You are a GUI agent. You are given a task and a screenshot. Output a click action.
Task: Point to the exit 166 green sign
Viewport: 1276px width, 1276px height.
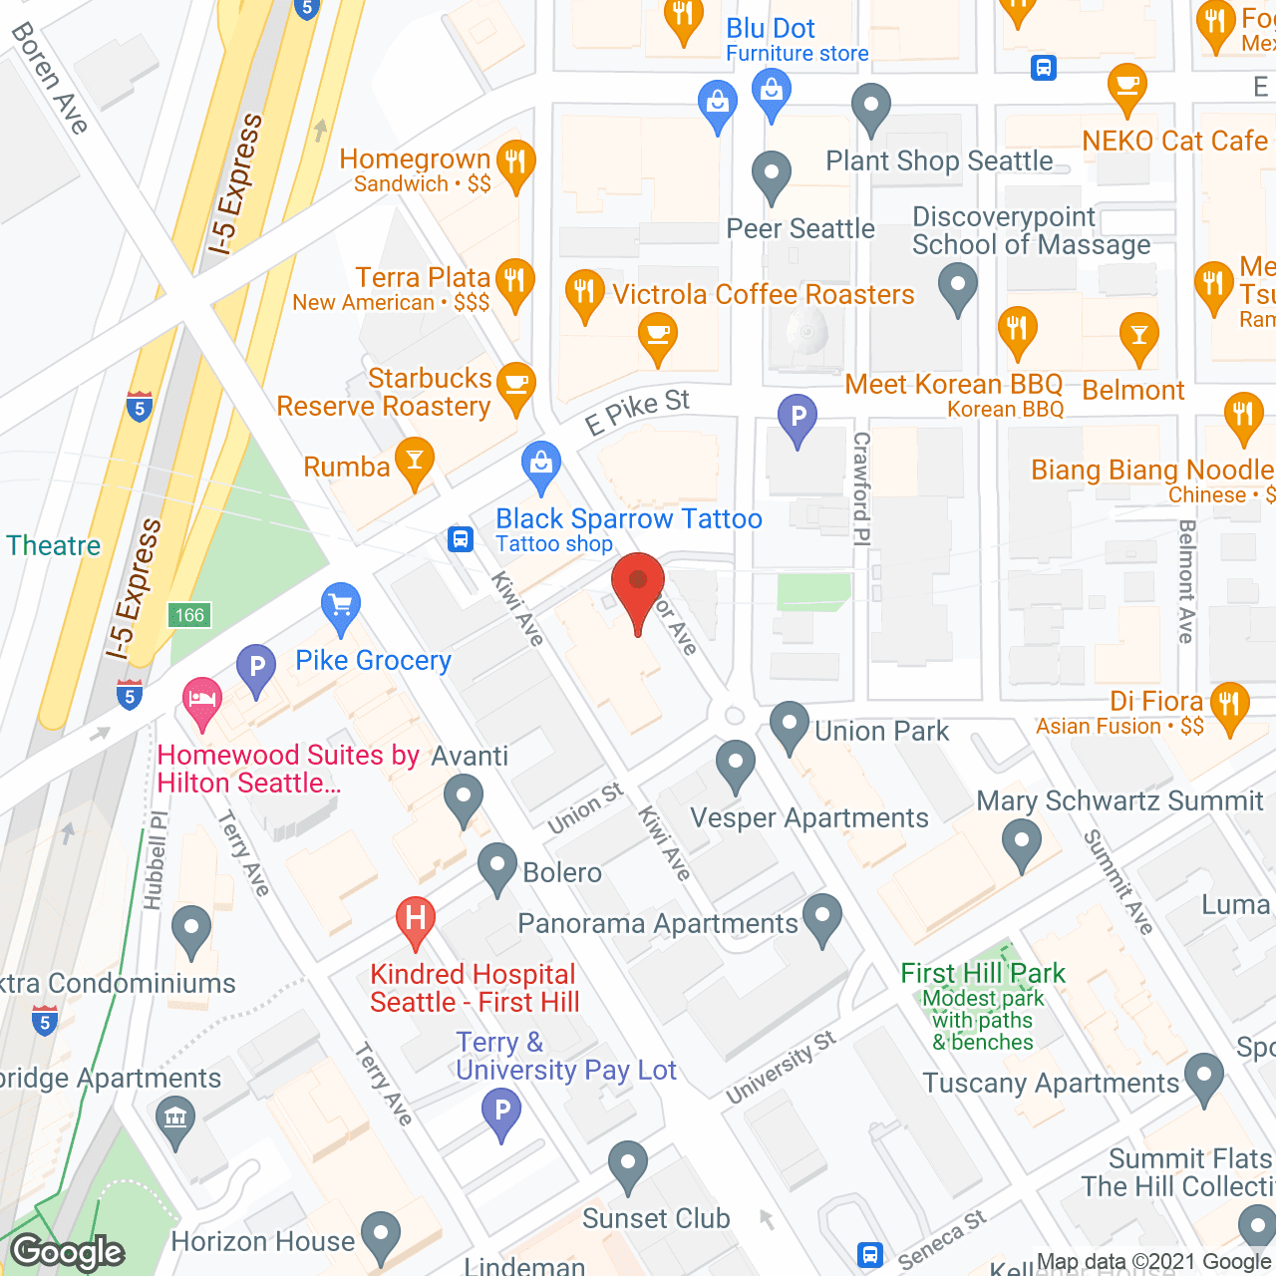[189, 615]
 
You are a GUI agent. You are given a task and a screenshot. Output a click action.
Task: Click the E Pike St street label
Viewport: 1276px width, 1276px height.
[637, 412]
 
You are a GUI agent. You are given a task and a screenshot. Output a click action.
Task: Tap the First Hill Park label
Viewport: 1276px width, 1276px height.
[982, 973]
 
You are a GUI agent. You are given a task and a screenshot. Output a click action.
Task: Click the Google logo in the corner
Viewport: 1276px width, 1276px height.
[68, 1251]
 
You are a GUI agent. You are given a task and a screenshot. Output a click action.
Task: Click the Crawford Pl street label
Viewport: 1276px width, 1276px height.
[861, 487]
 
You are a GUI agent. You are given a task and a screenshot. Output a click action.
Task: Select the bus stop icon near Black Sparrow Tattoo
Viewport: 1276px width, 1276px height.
[460, 539]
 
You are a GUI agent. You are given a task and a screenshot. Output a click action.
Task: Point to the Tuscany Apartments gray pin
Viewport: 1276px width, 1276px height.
[1204, 1077]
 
